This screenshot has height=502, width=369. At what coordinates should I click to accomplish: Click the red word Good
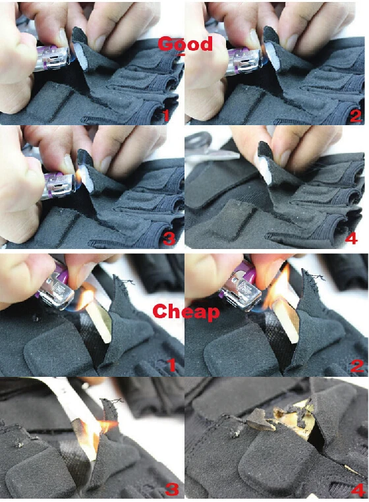[x=185, y=44]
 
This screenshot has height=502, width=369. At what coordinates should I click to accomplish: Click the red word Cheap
[x=186, y=312]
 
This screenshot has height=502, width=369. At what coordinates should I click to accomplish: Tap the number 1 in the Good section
[x=166, y=115]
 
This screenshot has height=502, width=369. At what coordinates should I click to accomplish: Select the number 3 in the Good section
[x=169, y=238]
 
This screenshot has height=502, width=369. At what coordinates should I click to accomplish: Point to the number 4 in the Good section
[x=351, y=238]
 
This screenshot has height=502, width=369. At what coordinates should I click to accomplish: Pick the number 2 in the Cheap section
[x=357, y=366]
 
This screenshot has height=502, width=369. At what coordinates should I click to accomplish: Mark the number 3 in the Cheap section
[x=171, y=489]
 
